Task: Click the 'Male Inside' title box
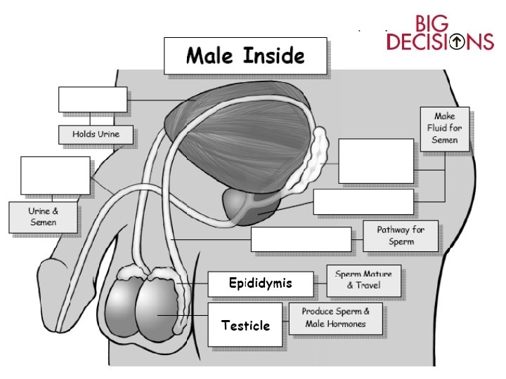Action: [x=245, y=55]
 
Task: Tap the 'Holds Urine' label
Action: [x=96, y=134]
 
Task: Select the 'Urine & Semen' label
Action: [x=43, y=217]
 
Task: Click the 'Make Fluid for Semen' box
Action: [x=444, y=128]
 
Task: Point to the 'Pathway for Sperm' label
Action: [x=400, y=237]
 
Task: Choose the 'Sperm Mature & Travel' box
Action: [x=363, y=280]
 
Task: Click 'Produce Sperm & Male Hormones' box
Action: [x=336, y=318]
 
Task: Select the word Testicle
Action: [x=245, y=326]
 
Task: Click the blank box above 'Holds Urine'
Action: [x=93, y=100]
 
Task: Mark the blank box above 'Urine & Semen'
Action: [x=56, y=175]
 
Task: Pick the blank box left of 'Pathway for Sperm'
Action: [x=301, y=239]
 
